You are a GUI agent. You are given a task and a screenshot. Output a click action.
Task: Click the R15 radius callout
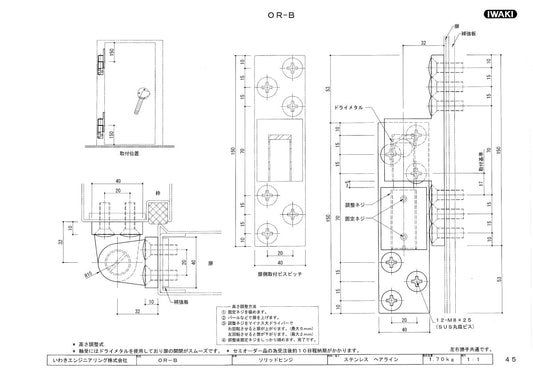(x=89, y=267)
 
